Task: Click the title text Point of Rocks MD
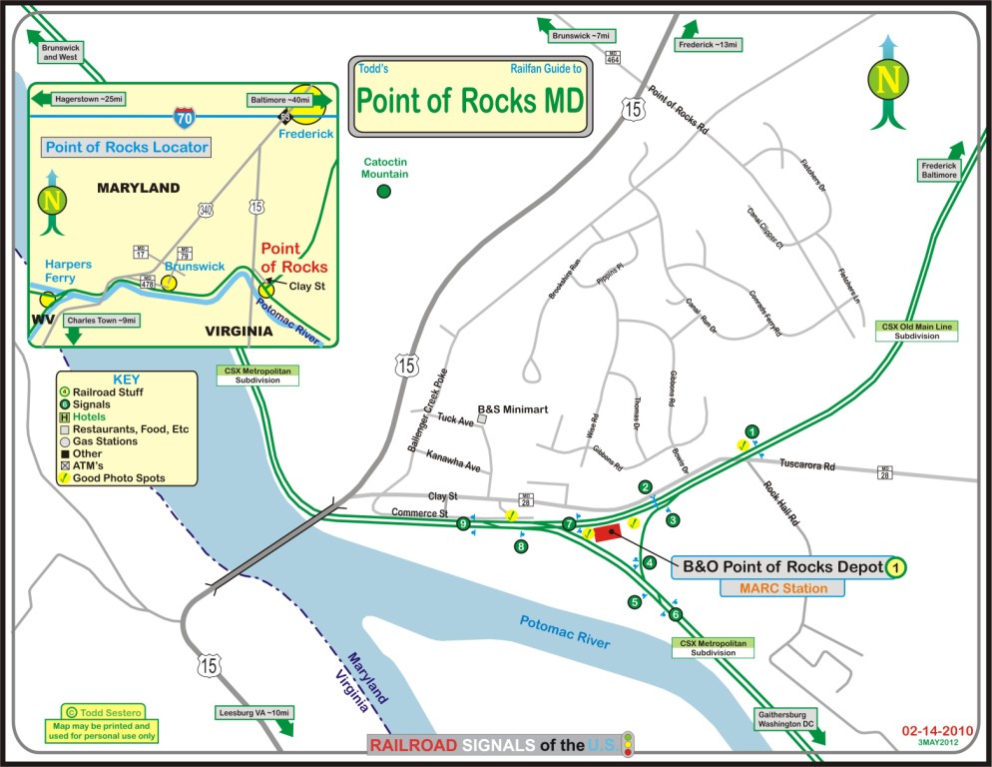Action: coord(470,101)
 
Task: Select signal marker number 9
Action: coord(463,523)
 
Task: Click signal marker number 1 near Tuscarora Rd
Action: coord(752,431)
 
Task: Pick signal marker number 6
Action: coord(676,614)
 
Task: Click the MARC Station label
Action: coord(782,588)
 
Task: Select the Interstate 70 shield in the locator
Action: coord(183,117)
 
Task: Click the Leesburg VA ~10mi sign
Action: coord(254,713)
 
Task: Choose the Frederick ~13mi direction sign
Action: coord(708,45)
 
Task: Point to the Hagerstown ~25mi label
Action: coord(89,100)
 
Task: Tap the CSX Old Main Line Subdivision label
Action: coord(917,332)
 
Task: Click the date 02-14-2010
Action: coord(935,730)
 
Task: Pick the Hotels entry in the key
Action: coord(95,416)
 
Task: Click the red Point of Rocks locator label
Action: coord(293,258)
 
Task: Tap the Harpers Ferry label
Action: coord(68,271)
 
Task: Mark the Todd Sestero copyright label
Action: coord(97,711)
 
